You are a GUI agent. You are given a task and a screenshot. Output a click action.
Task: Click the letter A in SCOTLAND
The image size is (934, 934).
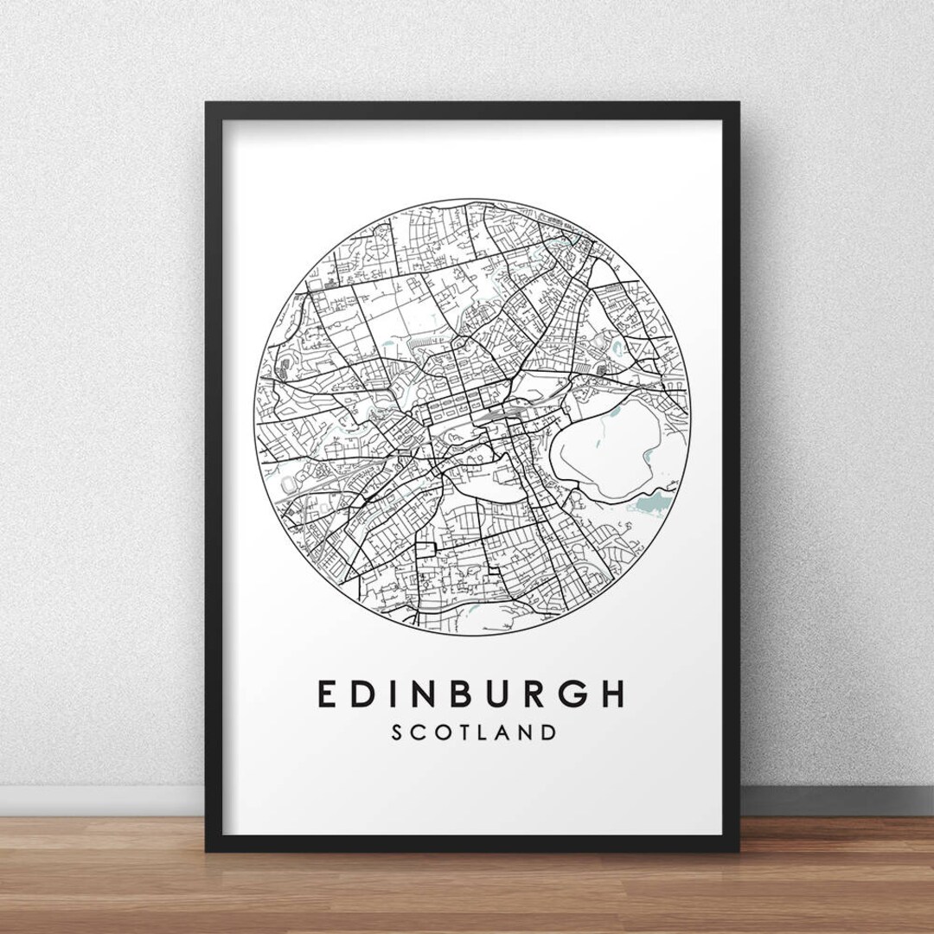coord(508,732)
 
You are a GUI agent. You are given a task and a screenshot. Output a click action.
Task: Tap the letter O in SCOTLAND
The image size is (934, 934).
coord(445,732)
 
